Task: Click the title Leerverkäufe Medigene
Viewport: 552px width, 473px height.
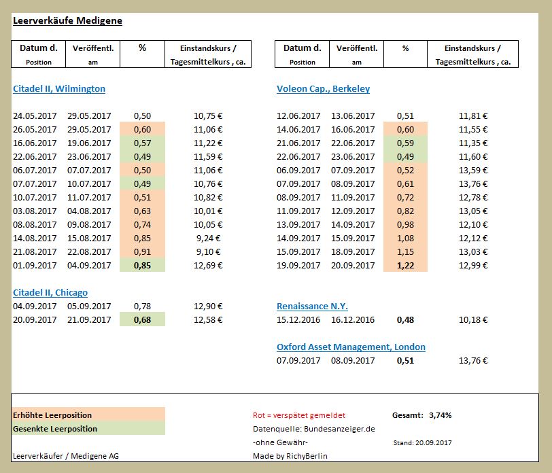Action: [67, 20]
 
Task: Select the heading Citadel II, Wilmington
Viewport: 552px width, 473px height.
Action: [59, 88]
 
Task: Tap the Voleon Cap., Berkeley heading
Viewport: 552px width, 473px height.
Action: [323, 88]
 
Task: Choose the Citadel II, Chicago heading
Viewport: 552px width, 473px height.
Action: [50, 292]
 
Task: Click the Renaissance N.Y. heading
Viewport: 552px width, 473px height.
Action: [312, 306]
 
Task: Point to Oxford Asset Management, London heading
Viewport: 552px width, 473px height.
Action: [351, 347]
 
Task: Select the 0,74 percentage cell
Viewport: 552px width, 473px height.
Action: [142, 224]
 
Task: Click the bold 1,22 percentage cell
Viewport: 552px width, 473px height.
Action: [405, 265]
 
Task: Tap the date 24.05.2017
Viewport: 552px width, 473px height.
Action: [35, 116]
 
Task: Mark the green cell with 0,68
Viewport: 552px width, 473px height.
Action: [142, 319]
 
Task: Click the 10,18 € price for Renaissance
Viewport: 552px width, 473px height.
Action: [472, 319]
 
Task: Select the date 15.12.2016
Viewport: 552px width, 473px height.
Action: [298, 319]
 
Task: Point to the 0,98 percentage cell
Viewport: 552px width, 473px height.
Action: [405, 224]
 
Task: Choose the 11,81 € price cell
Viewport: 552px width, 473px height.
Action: [472, 116]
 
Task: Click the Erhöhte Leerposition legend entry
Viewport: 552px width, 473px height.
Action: [52, 415]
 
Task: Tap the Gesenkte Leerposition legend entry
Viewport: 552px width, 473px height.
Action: [55, 429]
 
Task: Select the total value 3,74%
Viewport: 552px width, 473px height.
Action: [440, 415]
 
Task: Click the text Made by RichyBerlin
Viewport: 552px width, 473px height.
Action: [289, 456]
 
